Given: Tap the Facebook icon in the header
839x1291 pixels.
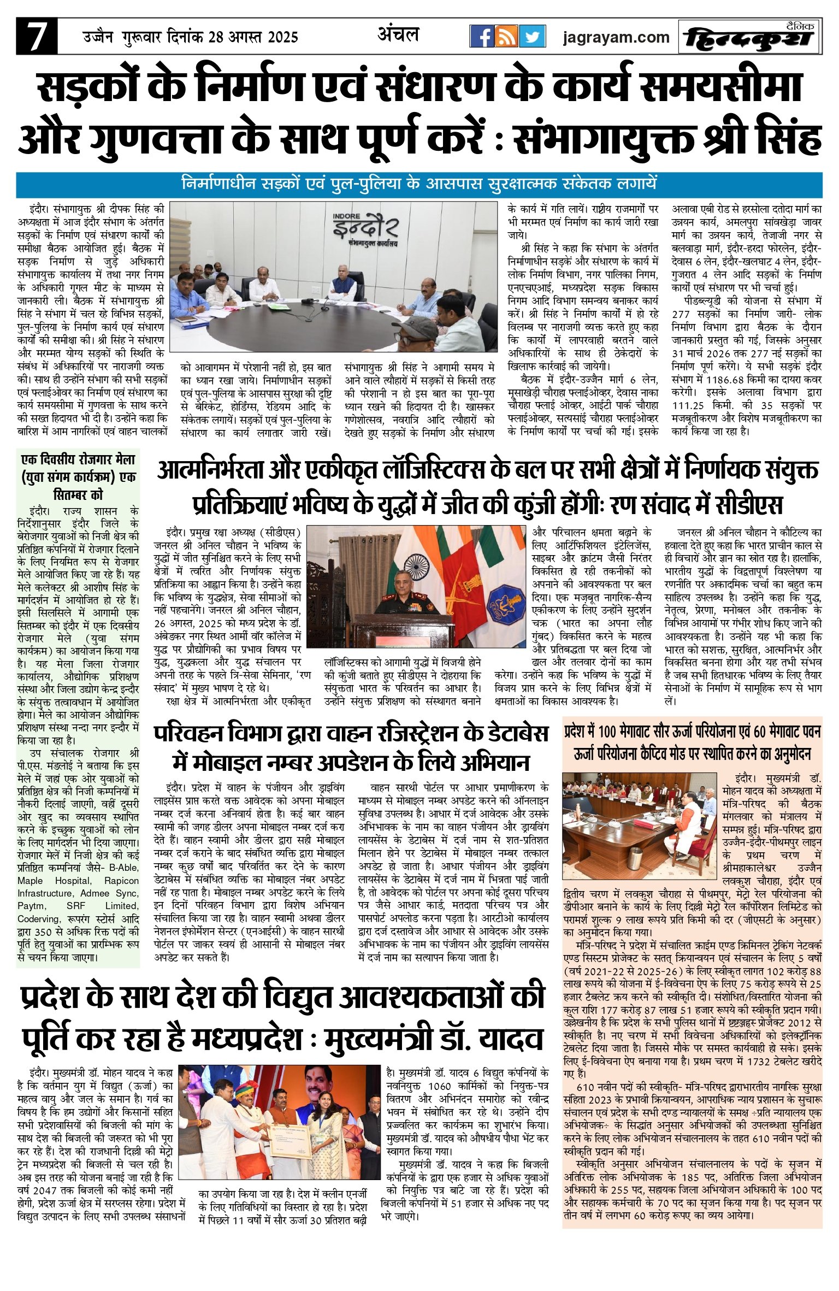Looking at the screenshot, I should tap(482, 37).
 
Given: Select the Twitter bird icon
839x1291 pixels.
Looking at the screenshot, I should tap(532, 37).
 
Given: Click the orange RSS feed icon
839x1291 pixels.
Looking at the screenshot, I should tap(507, 37).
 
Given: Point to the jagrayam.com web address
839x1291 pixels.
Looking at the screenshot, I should tap(616, 37).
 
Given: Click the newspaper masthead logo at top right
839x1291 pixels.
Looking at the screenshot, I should tap(751, 37).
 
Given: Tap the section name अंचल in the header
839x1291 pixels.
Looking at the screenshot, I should tap(398, 35).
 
